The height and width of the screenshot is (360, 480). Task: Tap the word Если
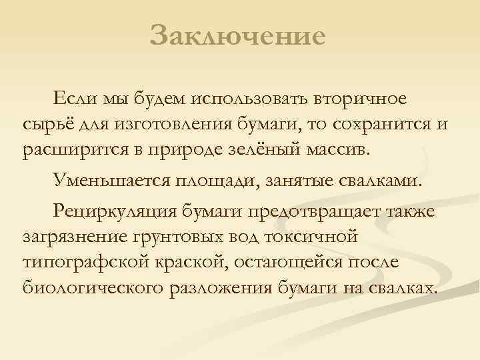click(x=72, y=99)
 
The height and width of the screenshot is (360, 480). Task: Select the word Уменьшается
click(x=111, y=180)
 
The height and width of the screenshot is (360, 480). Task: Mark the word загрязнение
click(x=74, y=236)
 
